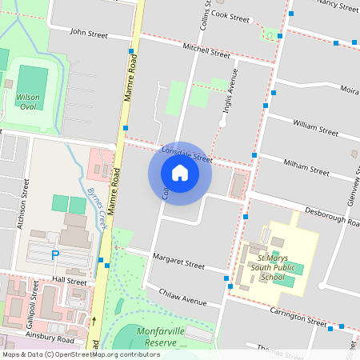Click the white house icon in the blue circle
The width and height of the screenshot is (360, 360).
coord(180,173)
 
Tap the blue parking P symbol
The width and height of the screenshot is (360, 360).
coord(55,255)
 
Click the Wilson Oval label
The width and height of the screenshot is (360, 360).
coord(26,101)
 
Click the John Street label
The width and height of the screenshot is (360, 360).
coord(88,34)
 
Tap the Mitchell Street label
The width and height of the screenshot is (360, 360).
coord(206,51)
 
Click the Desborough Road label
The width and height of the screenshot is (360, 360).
coord(329,215)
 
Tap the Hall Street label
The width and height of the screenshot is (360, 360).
coord(69,282)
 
